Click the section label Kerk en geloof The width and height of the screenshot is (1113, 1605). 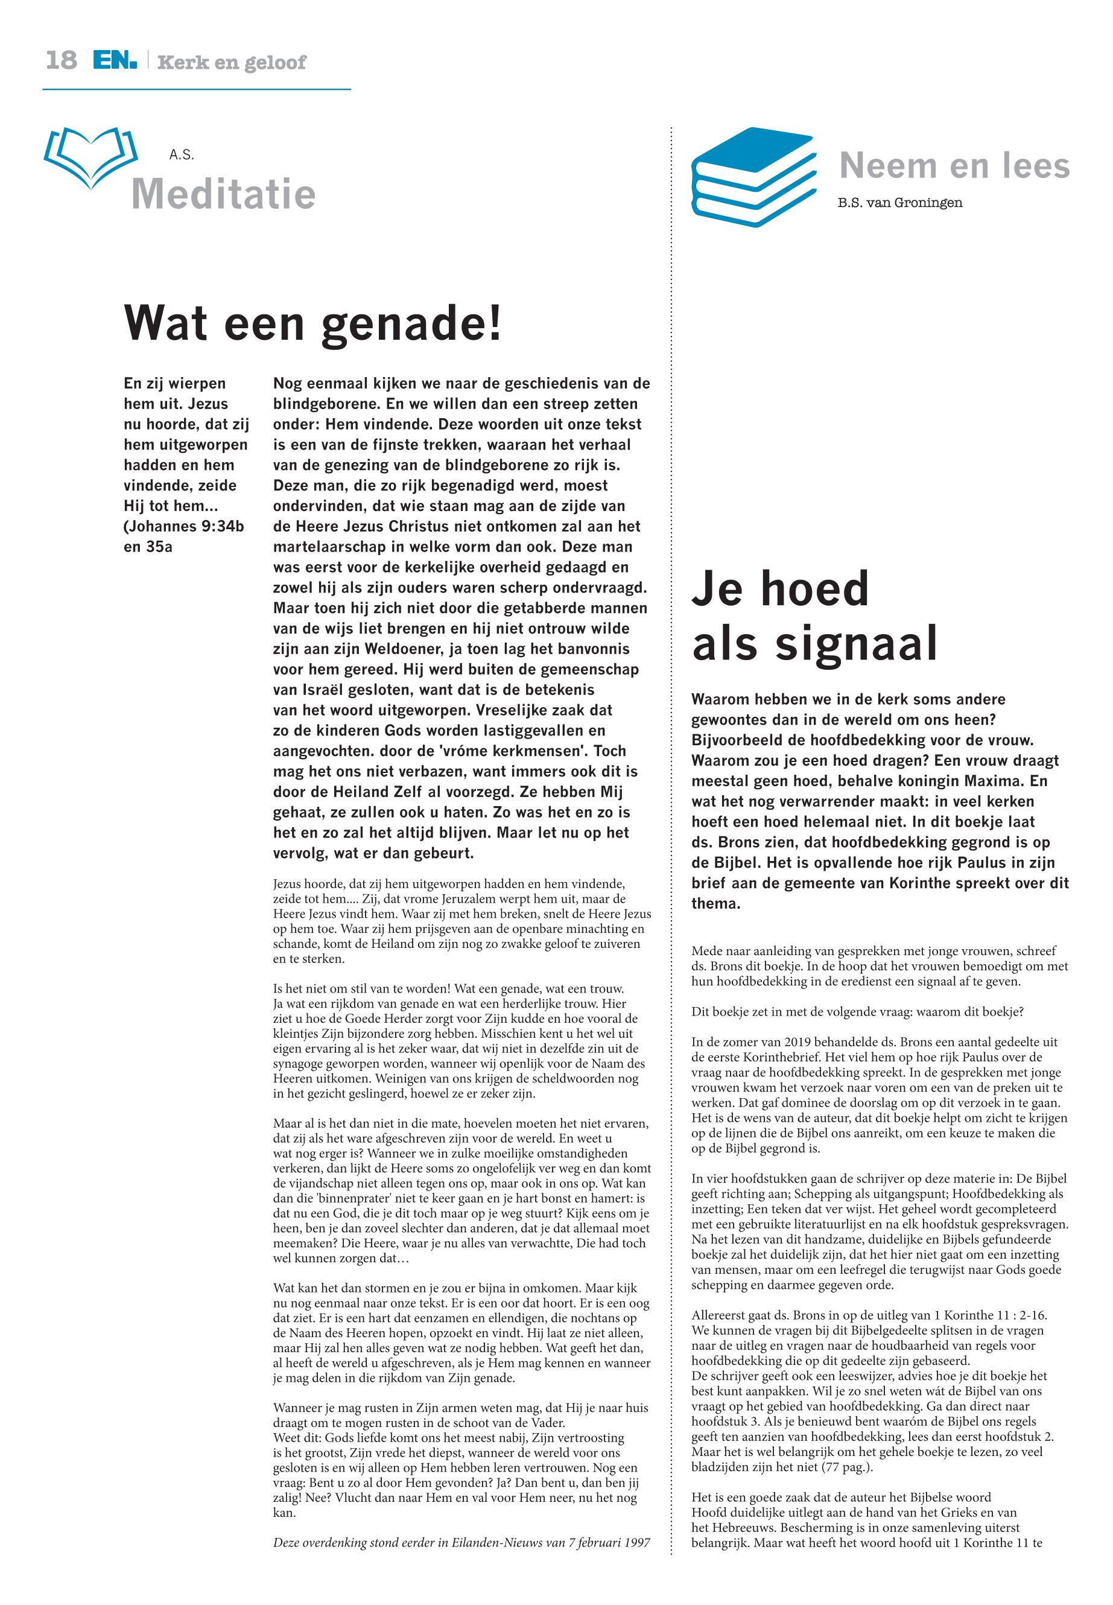232,63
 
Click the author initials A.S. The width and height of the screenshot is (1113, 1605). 182,155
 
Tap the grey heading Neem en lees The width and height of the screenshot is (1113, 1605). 954,165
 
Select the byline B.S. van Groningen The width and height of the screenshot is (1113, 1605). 899,203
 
